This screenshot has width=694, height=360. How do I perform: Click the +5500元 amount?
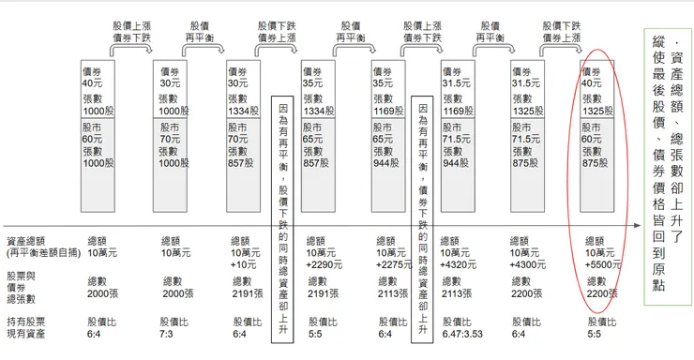[x=602, y=264]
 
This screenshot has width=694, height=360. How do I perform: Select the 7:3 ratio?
[x=171, y=332]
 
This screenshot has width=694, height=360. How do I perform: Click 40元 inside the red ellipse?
[x=592, y=82]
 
